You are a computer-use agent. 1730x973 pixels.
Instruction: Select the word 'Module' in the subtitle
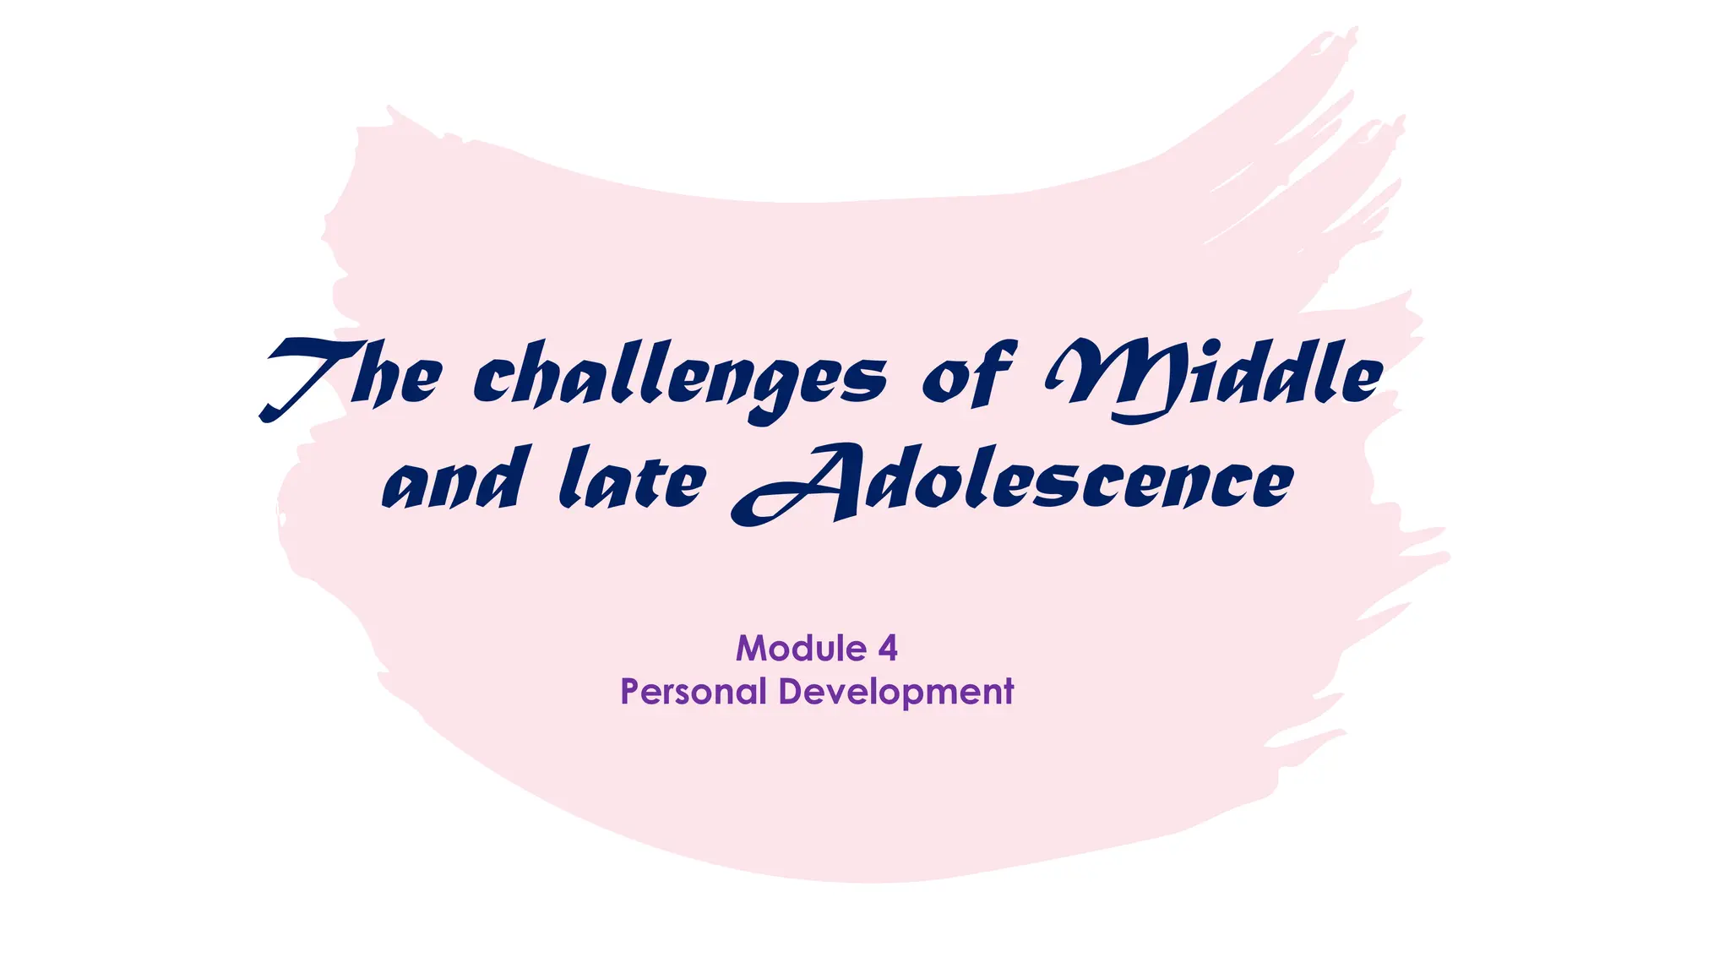(x=801, y=649)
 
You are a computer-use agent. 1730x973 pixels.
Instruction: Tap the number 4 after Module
(x=888, y=649)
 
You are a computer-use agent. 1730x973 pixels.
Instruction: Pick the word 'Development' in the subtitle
(x=895, y=692)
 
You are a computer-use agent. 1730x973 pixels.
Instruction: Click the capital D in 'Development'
(x=789, y=691)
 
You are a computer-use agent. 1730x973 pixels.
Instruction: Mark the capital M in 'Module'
(x=751, y=649)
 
